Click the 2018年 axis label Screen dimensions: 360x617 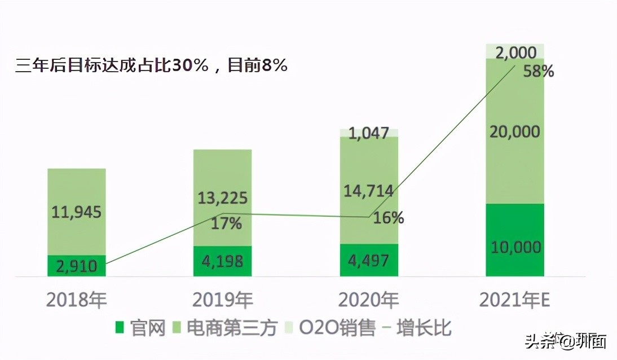(77, 300)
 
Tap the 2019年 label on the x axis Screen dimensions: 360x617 (223, 300)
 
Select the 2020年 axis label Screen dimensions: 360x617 (369, 300)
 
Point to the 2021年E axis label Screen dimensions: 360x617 (514, 300)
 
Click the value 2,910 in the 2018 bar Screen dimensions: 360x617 (77, 266)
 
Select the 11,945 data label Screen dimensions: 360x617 (77, 212)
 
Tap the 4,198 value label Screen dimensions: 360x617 (223, 261)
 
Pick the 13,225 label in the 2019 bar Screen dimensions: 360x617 (223, 199)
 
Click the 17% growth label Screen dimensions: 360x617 (226, 223)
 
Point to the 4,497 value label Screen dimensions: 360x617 (369, 260)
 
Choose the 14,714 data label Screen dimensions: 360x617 (369, 191)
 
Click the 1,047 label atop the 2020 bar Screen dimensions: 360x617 (369, 133)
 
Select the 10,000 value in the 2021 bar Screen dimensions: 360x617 (515, 247)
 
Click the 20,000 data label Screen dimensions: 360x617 (515, 132)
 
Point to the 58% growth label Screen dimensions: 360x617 (538, 72)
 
